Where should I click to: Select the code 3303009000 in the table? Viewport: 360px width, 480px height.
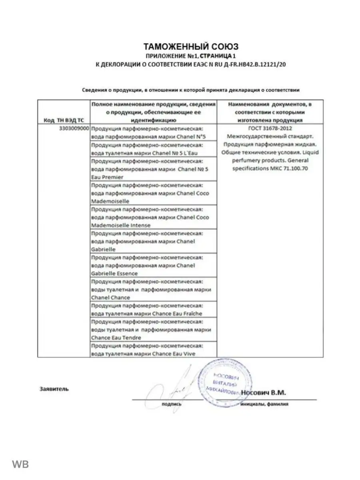(x=71, y=129)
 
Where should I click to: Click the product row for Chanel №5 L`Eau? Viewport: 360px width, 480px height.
(x=154, y=149)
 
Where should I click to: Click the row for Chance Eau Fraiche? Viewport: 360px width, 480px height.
(x=154, y=310)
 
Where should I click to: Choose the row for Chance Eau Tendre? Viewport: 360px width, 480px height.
(x=154, y=330)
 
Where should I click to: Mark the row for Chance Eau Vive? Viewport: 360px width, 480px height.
(x=154, y=349)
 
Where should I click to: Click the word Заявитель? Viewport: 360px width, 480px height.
(x=54, y=388)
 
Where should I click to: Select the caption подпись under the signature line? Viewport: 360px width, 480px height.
(x=171, y=404)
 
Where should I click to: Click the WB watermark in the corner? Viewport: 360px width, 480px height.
(x=20, y=464)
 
